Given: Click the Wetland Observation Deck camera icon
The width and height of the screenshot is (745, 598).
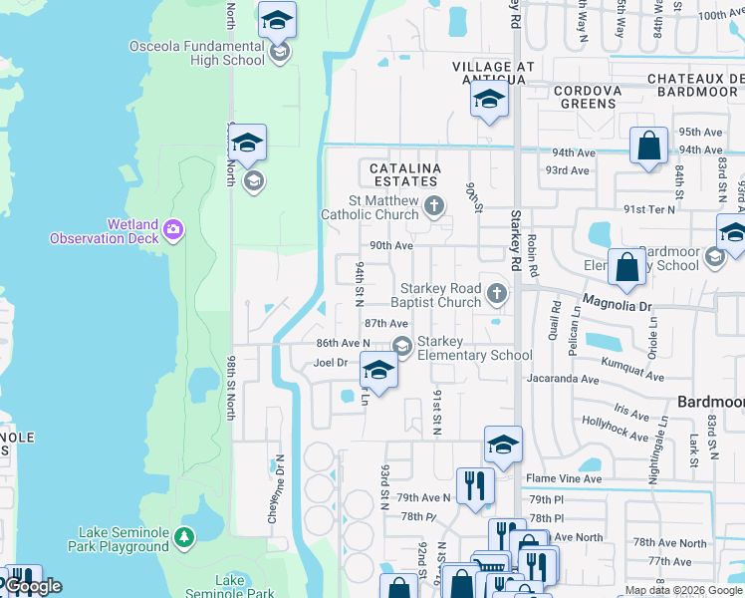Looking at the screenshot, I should (173, 230).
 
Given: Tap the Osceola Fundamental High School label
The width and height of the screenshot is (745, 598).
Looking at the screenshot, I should (197, 53).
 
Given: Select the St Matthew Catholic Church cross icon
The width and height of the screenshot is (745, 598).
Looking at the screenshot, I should (433, 206).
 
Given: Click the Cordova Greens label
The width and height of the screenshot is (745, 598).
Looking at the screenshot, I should (588, 97).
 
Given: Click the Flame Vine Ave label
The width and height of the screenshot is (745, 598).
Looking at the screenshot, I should (564, 478).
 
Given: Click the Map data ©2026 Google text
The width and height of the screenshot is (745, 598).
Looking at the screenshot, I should (682, 590).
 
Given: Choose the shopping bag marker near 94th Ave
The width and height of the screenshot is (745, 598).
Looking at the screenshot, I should (648, 146).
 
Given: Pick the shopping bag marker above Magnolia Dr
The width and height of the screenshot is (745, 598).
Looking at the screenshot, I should (626, 267).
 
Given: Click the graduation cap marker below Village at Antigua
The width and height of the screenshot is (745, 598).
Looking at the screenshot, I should (489, 100).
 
